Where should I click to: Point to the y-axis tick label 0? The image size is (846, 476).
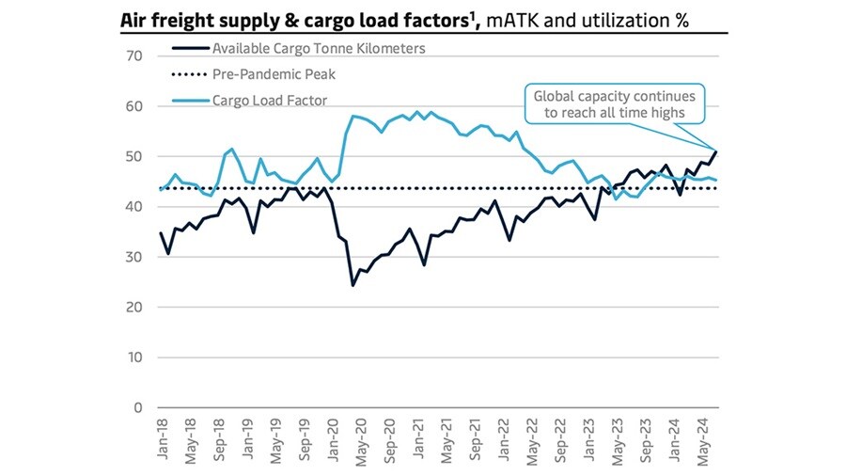(136, 408)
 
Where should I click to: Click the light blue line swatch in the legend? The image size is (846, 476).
(188, 100)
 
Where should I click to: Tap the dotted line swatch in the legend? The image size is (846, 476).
(188, 74)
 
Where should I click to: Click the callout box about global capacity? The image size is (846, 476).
(613, 104)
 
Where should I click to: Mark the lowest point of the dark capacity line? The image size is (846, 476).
(352, 285)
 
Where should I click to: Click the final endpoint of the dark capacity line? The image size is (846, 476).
(717, 151)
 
